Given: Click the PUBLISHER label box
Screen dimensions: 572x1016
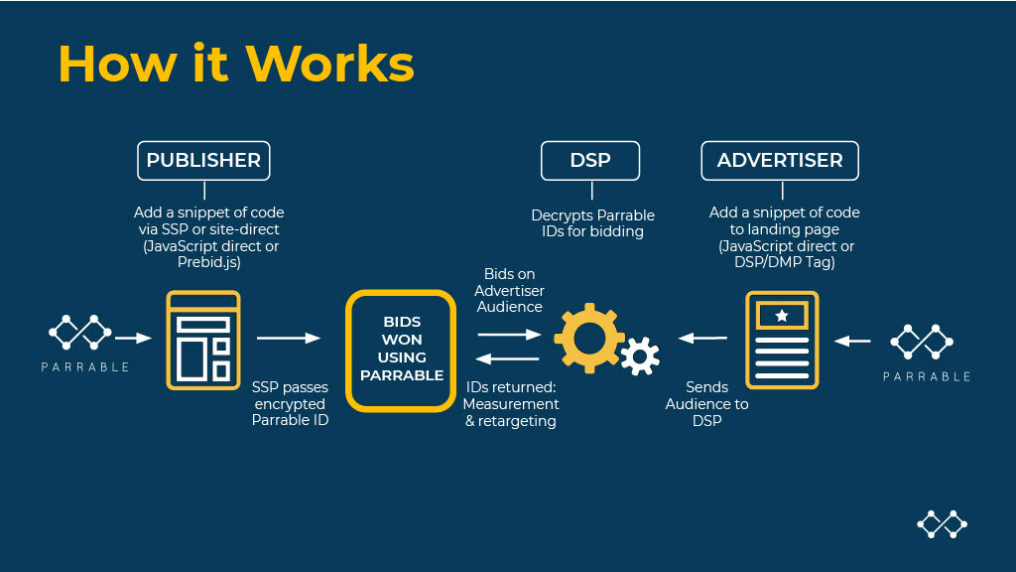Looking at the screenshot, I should tap(203, 161).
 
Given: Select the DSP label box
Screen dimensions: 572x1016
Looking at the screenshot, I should tap(590, 161).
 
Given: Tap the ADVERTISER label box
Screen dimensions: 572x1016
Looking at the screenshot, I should tap(780, 161).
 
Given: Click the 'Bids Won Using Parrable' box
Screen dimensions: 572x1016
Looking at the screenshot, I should tap(402, 349).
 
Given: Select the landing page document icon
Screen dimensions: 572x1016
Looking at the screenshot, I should tap(782, 341).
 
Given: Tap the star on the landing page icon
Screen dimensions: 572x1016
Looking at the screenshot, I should tap(782, 316).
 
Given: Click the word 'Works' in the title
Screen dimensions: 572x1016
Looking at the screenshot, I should tap(329, 64).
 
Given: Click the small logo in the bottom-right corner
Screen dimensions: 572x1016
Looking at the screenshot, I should tap(942, 523).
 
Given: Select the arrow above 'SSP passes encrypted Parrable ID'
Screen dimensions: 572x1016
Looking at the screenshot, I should tap(289, 339).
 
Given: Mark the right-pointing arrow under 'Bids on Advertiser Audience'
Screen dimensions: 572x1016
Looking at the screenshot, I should tap(509, 336).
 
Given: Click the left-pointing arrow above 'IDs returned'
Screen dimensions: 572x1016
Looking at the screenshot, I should tap(509, 358).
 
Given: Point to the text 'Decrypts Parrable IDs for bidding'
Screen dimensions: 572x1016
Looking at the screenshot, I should tap(592, 223).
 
